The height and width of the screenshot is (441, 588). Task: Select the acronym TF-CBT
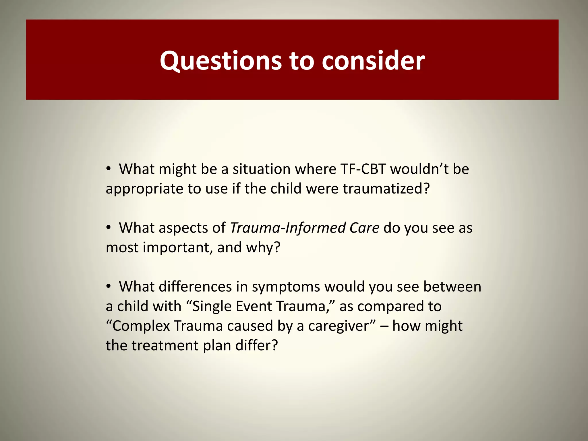click(x=363, y=169)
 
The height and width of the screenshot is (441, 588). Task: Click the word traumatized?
click(x=386, y=189)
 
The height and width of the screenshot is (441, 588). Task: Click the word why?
click(x=263, y=247)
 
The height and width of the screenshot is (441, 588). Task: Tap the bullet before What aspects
click(x=108, y=228)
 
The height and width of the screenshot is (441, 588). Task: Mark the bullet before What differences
click(x=108, y=287)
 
